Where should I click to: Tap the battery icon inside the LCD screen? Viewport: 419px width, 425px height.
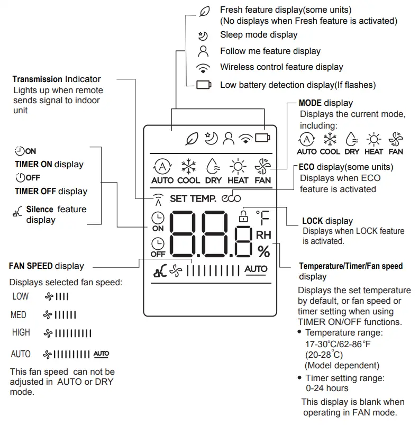point(262,139)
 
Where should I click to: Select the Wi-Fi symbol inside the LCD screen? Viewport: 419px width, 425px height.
point(245,139)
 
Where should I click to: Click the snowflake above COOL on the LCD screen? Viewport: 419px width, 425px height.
point(189,167)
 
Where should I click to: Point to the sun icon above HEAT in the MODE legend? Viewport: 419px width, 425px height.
point(374,140)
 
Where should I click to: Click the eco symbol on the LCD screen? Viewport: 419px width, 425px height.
point(231,199)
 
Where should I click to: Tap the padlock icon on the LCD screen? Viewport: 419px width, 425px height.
point(243,216)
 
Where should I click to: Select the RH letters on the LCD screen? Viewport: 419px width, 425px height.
point(263,234)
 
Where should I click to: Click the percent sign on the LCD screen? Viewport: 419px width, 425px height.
point(263,251)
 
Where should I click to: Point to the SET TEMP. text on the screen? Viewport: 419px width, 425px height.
point(193,199)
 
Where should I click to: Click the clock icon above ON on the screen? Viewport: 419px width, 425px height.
point(158,218)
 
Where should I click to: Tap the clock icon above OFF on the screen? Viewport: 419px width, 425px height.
point(158,243)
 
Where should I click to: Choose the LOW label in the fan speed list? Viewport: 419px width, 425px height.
point(21,296)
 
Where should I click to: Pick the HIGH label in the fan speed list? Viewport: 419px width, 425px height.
point(21,332)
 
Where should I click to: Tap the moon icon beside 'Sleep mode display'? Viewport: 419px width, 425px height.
point(203,35)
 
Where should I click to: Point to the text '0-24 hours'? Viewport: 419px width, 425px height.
point(326,388)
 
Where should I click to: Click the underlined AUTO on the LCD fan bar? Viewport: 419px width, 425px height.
point(256,269)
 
